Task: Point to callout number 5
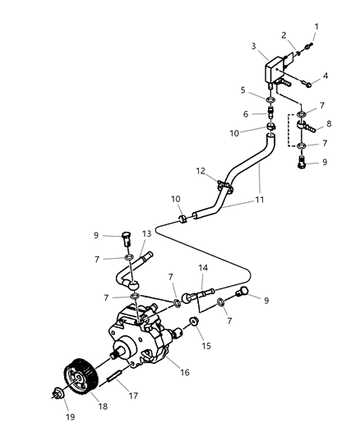pos(242,90)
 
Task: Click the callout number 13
pos(146,233)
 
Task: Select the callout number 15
pos(206,346)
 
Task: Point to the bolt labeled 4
pos(305,82)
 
